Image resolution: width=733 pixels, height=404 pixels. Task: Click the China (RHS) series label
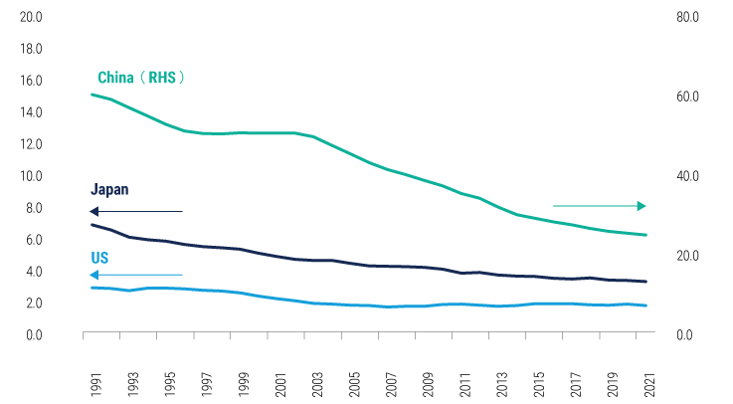tap(141, 78)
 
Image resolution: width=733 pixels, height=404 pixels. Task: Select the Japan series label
tap(109, 189)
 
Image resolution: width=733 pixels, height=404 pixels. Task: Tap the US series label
tap(99, 257)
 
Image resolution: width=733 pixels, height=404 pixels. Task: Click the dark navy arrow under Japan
tap(135, 211)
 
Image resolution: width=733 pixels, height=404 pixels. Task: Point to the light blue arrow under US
tap(135, 274)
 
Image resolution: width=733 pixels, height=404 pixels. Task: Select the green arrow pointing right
tap(599, 206)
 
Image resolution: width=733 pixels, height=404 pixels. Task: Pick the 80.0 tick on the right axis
tap(688, 17)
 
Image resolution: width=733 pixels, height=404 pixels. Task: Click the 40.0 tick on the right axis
tap(688, 176)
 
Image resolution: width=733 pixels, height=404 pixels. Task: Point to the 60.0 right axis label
tap(688, 97)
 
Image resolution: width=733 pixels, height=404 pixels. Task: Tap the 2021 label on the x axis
tap(647, 382)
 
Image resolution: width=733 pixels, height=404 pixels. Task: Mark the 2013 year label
tap(499, 382)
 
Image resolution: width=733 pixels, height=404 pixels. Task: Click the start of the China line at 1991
tap(92, 95)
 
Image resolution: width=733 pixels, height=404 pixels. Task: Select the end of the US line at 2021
tap(647, 305)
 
